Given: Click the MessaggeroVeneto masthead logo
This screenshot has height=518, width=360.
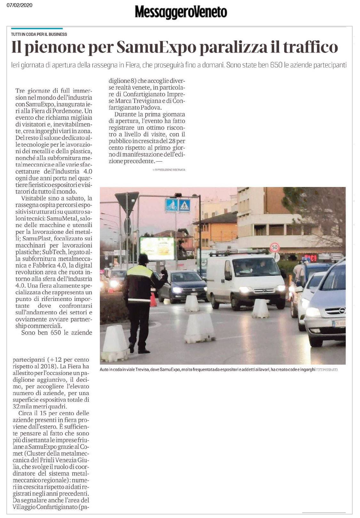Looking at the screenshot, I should point(181,12).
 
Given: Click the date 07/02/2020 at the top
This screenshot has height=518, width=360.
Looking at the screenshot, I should point(20,5).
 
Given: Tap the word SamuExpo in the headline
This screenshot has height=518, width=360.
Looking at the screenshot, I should point(156,47).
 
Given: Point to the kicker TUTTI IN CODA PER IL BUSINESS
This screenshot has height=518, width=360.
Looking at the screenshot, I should point(39,34).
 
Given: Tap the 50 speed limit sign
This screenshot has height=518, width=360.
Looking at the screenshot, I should point(275,247).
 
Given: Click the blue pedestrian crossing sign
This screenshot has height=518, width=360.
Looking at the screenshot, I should point(185,205).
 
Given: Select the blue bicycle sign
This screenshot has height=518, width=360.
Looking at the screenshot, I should point(172,205).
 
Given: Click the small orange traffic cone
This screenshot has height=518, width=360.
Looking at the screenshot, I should point(153,300).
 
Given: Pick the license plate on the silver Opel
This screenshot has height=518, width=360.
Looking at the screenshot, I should point(339,323).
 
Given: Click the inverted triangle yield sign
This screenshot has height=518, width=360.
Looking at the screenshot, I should point(127,201).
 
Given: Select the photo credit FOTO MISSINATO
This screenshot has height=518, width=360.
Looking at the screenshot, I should point(326,370).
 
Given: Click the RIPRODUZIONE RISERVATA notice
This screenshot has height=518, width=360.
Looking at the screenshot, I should point(169,170).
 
